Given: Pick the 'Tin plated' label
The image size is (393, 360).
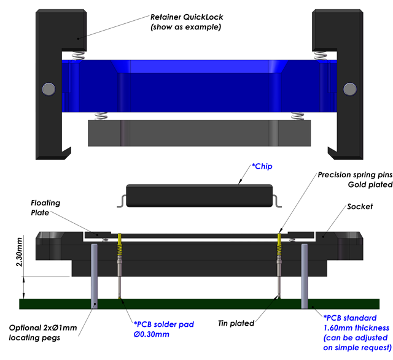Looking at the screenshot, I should pos(236,323).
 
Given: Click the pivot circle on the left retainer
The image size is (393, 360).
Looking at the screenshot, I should pos(47,90).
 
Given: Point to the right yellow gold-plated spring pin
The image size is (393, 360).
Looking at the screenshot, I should pos(281,245).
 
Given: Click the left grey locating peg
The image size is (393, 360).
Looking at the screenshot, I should pos(94,274).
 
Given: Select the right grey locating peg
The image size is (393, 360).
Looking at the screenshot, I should pos(304,274).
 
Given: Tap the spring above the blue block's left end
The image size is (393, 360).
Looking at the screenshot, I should pos(77,55).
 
